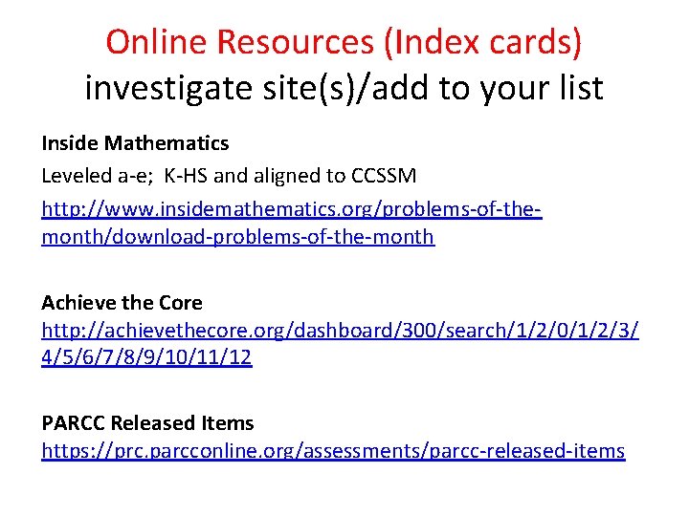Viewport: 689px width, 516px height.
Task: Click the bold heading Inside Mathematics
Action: (x=135, y=143)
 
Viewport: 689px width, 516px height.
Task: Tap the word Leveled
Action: (x=78, y=176)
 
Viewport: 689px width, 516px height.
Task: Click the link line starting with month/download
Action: (x=237, y=236)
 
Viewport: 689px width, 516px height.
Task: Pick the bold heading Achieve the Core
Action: (x=122, y=303)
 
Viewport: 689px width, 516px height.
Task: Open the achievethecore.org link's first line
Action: (x=340, y=331)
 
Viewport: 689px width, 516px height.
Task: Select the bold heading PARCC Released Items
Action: (x=147, y=422)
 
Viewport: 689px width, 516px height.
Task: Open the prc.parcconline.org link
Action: (x=333, y=451)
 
